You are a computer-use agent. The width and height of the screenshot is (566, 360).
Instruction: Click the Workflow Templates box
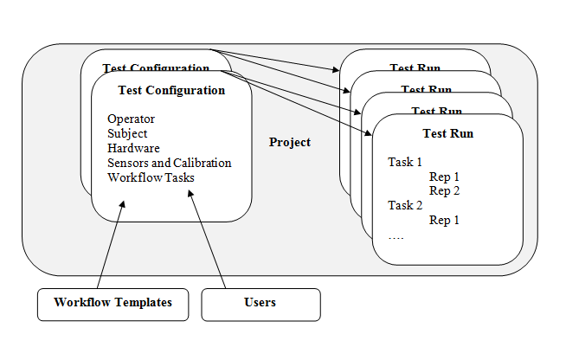click(x=113, y=303)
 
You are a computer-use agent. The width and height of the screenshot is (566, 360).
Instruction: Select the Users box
click(x=260, y=303)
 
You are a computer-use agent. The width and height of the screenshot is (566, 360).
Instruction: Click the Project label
click(x=290, y=142)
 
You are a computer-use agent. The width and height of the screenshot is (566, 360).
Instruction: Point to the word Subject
click(x=127, y=133)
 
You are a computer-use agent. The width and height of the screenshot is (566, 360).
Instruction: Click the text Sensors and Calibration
click(x=169, y=163)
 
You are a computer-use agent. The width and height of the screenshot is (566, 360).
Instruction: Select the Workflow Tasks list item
click(x=151, y=177)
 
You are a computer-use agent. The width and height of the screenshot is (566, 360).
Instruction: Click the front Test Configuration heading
click(x=171, y=90)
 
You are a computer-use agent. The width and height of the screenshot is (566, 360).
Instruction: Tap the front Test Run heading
click(x=447, y=134)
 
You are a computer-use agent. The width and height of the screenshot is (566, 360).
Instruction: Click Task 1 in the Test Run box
click(x=405, y=162)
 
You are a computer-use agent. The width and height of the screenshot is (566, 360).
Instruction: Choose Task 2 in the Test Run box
click(x=405, y=206)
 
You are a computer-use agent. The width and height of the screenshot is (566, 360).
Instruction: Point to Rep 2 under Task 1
click(x=444, y=191)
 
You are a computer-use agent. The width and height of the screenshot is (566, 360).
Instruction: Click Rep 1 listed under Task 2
click(x=444, y=221)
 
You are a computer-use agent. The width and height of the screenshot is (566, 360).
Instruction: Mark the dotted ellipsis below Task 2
click(x=397, y=235)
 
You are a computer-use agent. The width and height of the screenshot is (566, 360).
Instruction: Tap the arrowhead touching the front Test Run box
click(x=370, y=133)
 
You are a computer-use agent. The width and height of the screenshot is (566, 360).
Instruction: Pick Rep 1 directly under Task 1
click(x=444, y=177)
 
